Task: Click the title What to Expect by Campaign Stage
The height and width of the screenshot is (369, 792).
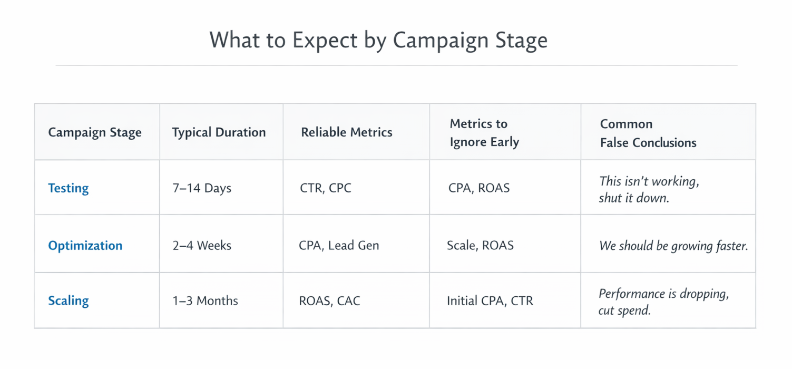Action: click(x=378, y=41)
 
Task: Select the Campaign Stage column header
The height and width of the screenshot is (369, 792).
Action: click(x=95, y=132)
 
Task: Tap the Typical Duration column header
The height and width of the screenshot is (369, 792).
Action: click(x=219, y=132)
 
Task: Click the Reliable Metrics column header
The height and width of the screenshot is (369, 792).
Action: click(x=346, y=132)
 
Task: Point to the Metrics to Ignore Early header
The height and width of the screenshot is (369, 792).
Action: click(x=484, y=133)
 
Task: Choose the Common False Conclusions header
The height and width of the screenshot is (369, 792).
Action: click(x=648, y=133)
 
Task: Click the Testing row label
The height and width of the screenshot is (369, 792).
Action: click(x=69, y=188)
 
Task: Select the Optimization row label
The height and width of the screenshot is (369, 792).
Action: click(x=85, y=246)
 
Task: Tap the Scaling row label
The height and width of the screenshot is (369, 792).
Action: click(x=69, y=301)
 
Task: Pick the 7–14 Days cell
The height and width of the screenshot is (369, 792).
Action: click(x=202, y=188)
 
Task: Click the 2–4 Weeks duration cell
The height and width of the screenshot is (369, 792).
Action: click(x=202, y=246)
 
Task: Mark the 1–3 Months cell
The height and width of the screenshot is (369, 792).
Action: click(x=205, y=301)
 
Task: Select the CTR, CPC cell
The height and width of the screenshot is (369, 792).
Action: click(x=325, y=188)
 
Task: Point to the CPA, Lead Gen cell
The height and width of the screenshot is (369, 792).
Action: click(x=339, y=246)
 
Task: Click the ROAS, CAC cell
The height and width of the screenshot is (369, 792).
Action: click(x=329, y=301)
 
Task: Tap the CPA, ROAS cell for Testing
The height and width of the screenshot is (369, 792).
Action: click(x=479, y=188)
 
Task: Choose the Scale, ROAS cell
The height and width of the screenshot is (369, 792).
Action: click(x=480, y=246)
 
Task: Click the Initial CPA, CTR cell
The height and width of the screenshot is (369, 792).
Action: click(x=490, y=301)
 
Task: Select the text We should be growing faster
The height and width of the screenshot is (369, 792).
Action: click(x=673, y=246)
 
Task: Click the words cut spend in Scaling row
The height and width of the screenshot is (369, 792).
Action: click(x=624, y=310)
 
